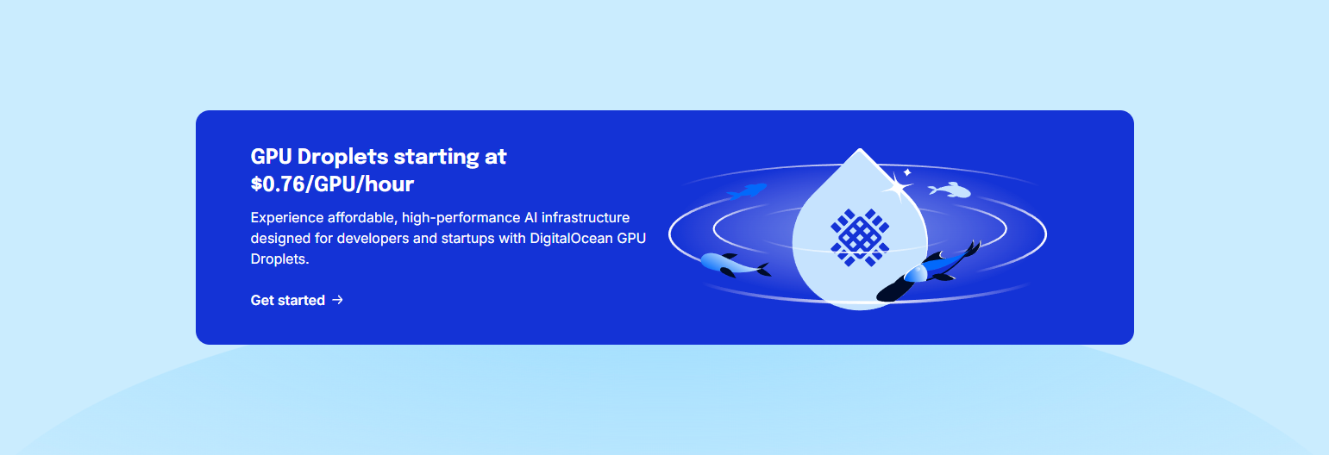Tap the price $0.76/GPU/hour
[332, 184]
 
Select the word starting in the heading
[439, 157]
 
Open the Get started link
[288, 300]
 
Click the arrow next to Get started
[338, 300]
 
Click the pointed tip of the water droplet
[859, 152]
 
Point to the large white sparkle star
[898, 188]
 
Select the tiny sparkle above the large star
[907, 172]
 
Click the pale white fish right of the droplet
[950, 190]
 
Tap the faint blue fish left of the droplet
[747, 190]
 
